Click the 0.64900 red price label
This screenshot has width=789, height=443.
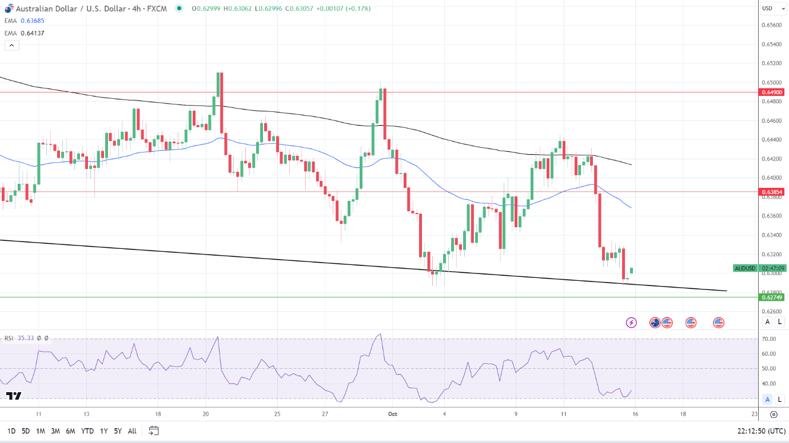pyautogui.click(x=771, y=92)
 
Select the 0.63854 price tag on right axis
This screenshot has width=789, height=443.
pyautogui.click(x=771, y=192)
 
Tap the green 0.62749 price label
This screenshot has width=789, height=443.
pyautogui.click(x=771, y=297)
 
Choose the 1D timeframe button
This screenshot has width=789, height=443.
pyautogui.click(x=11, y=431)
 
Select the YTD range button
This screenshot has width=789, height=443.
pyautogui.click(x=87, y=431)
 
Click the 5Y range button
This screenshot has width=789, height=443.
pyautogui.click(x=117, y=431)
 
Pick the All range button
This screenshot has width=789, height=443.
pyautogui.click(x=132, y=431)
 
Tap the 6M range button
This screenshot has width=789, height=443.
pyautogui.click(x=70, y=431)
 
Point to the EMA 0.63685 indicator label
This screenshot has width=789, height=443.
pyautogui.click(x=25, y=21)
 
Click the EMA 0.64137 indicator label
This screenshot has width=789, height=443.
pyautogui.click(x=25, y=33)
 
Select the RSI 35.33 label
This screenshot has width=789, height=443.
pyautogui.click(x=18, y=338)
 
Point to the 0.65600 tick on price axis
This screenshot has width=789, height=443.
pyautogui.click(x=771, y=25)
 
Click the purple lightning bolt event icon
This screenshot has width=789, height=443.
pyautogui.click(x=631, y=323)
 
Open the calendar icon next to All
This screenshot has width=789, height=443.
pyautogui.click(x=153, y=430)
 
